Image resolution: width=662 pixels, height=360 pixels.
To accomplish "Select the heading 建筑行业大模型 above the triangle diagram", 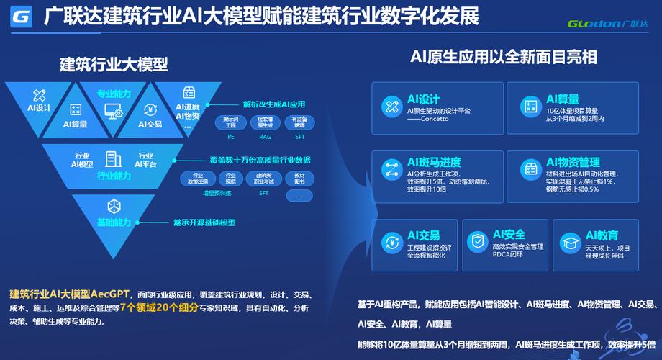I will (x=114, y=64).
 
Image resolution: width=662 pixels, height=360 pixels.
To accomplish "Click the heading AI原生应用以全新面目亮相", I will (x=504, y=57).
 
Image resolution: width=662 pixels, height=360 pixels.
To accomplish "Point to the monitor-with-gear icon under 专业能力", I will (x=114, y=111).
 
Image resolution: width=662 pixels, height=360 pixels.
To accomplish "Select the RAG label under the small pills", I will (x=264, y=135).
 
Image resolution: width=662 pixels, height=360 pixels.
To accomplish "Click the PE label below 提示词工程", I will (x=230, y=135).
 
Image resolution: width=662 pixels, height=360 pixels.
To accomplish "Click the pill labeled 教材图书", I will (x=299, y=179).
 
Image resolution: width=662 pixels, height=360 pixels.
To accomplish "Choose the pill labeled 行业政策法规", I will (x=197, y=179).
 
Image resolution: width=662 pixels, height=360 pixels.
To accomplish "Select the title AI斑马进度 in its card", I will (x=434, y=162).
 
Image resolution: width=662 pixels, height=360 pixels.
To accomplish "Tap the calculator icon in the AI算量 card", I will (x=531, y=107).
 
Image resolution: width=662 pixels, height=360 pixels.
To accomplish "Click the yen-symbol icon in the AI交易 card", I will (x=391, y=241).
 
